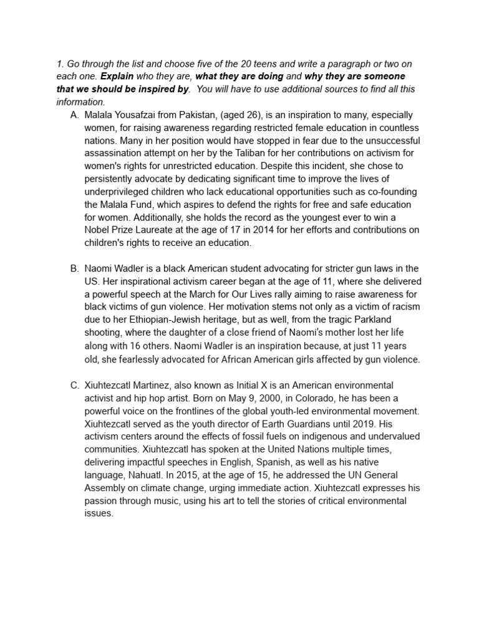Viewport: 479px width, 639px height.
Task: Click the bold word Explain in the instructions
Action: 117,77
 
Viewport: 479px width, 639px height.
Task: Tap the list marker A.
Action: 75,116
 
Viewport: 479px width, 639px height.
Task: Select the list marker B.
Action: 75,268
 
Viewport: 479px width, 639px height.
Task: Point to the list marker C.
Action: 75,385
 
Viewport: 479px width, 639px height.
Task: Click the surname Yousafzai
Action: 142,116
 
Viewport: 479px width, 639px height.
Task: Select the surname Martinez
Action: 164,385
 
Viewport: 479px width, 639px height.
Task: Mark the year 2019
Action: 367,424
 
